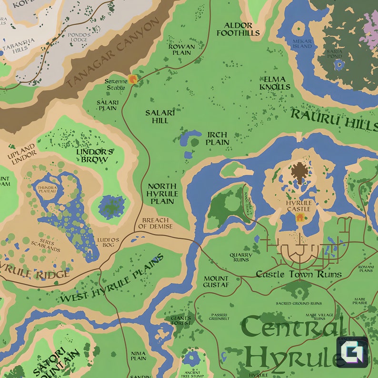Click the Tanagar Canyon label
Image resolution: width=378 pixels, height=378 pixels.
[112, 53]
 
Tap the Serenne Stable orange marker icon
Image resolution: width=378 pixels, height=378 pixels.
[133, 79]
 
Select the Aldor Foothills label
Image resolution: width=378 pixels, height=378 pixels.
[238, 29]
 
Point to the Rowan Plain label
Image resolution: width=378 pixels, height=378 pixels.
[181, 50]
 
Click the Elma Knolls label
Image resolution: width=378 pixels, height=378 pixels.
[275, 83]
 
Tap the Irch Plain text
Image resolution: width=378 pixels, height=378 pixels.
[218, 139]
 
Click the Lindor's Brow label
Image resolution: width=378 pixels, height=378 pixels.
[95, 156]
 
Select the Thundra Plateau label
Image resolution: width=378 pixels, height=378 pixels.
[48, 190]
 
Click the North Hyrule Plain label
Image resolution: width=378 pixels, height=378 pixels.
[162, 194]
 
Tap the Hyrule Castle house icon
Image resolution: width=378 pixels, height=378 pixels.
[300, 218]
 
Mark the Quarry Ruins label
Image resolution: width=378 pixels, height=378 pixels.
[241, 257]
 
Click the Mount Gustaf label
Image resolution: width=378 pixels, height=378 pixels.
[216, 281]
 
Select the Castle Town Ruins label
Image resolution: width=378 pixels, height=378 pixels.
[298, 274]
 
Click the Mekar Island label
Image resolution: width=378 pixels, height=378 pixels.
[302, 44]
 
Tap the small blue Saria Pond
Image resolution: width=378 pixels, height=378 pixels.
[338, 65]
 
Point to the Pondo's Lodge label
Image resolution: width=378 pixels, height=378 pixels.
[79, 38]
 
